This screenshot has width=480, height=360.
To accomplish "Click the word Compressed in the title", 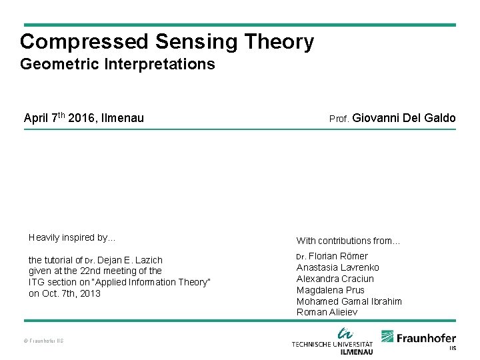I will click(x=84, y=42).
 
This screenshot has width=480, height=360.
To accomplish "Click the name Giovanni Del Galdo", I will click(x=403, y=119).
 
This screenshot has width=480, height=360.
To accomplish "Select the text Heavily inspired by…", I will click(x=72, y=237).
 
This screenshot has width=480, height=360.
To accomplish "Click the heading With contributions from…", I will click(x=348, y=241).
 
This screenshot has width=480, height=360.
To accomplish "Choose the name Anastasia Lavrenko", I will click(x=337, y=267).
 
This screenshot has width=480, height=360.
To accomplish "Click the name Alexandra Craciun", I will click(x=335, y=279).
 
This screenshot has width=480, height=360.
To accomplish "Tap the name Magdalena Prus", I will click(x=331, y=290).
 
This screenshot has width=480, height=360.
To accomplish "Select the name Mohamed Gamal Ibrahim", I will click(x=349, y=301).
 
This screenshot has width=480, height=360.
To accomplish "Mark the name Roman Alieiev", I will click(x=327, y=312).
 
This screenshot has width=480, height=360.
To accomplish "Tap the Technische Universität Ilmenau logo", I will click(x=333, y=341).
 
